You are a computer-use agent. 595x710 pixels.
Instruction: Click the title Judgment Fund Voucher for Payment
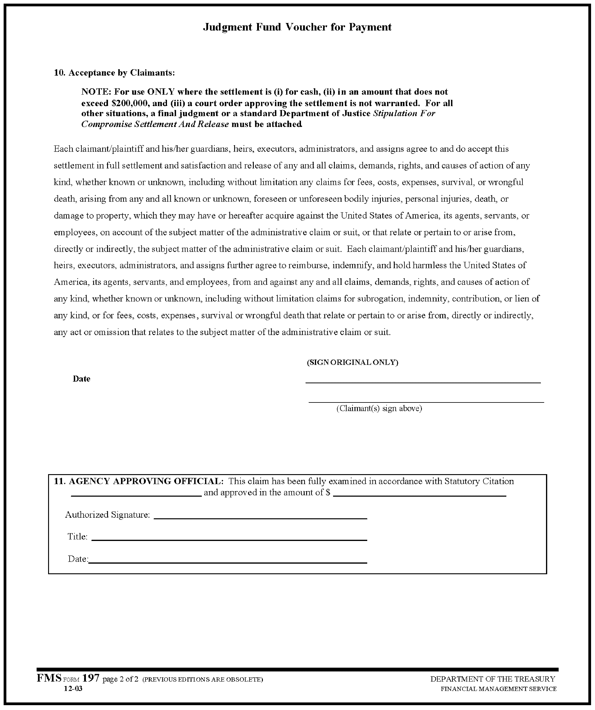tap(297, 27)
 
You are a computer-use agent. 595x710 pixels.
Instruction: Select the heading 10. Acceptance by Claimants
tap(115, 73)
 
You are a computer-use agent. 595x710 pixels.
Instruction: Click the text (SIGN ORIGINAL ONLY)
tap(352, 363)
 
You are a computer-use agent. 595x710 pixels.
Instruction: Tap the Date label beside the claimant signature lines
tap(81, 379)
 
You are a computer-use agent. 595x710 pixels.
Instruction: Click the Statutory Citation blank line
tap(136, 496)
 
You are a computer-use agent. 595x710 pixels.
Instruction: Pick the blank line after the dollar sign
tap(420, 496)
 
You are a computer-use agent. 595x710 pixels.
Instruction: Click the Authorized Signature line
tap(260, 518)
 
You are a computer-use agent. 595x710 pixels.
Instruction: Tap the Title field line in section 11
tap(229, 540)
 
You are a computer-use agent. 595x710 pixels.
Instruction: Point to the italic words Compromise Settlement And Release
tap(155, 124)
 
